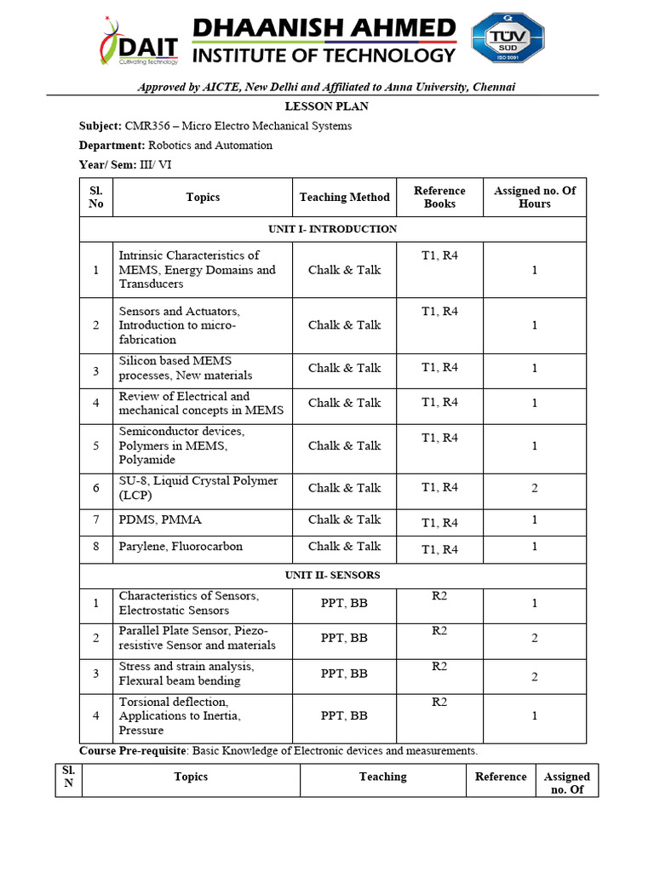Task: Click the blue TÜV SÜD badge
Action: pyautogui.click(x=508, y=39)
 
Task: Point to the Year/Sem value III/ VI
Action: pyautogui.click(x=156, y=164)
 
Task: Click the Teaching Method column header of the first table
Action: pyautogui.click(x=344, y=198)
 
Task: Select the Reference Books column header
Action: pyautogui.click(x=439, y=198)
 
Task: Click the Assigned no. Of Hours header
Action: pyautogui.click(x=534, y=198)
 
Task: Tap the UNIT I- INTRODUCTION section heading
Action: pyautogui.click(x=333, y=229)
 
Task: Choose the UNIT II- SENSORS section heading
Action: pyautogui.click(x=333, y=576)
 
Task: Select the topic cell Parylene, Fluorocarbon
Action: pyautogui.click(x=181, y=547)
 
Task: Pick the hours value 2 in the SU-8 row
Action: pyautogui.click(x=534, y=488)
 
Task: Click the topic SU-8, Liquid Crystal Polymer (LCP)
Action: pyautogui.click(x=198, y=488)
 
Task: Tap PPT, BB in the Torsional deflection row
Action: pyautogui.click(x=344, y=716)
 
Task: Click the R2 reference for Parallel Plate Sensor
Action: pyautogui.click(x=439, y=631)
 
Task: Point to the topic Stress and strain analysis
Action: pyautogui.click(x=186, y=667)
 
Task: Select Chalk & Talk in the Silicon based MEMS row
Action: pyautogui.click(x=344, y=368)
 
